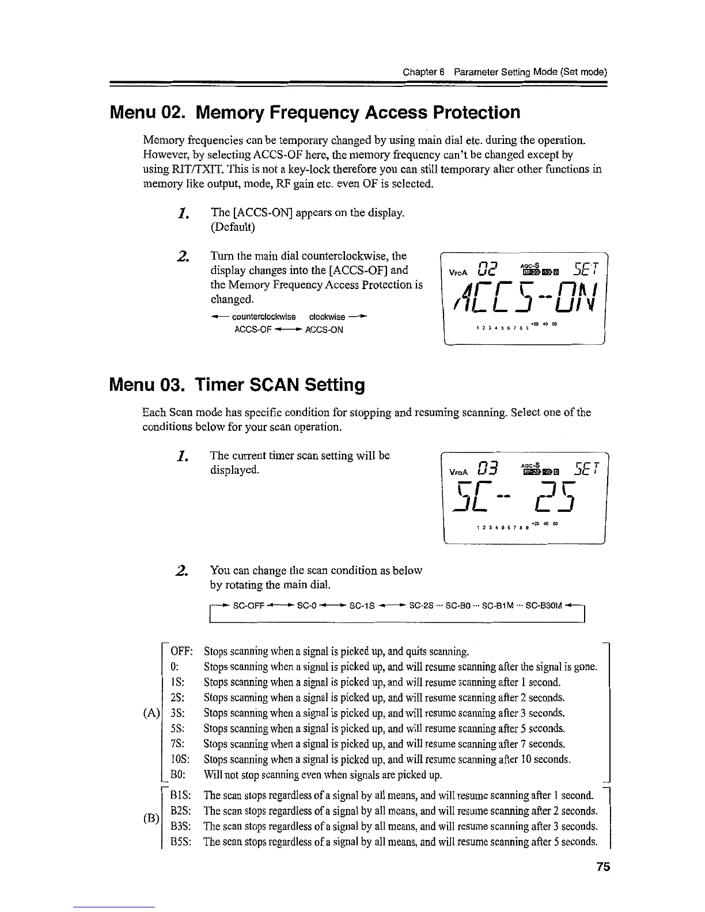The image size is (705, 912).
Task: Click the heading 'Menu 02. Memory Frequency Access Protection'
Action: click(314, 112)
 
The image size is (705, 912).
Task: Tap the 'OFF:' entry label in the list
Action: click(181, 652)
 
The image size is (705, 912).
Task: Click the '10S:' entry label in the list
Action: click(181, 759)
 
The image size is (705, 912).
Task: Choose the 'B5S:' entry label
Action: click(181, 841)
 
